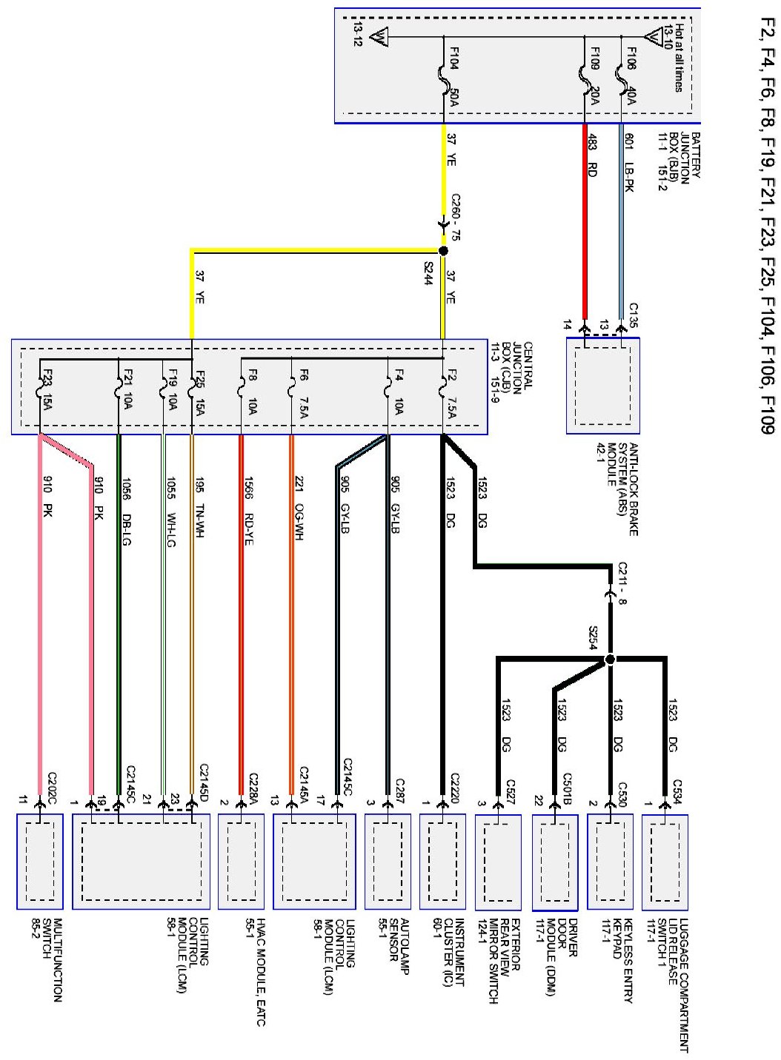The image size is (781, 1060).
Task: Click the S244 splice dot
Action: [443, 251]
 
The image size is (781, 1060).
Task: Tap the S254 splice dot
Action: [610, 659]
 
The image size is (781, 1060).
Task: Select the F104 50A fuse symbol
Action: [443, 78]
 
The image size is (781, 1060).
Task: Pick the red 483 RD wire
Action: [584, 222]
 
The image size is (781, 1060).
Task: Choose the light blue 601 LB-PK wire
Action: [621, 222]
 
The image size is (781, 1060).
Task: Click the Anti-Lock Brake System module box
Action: [602, 386]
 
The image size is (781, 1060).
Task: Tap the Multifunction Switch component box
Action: [39, 862]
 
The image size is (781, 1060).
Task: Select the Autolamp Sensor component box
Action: [388, 862]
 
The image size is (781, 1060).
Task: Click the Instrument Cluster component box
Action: [442, 862]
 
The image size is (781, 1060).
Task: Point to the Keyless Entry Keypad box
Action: [610, 862]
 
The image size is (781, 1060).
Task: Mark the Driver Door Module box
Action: [555, 862]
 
